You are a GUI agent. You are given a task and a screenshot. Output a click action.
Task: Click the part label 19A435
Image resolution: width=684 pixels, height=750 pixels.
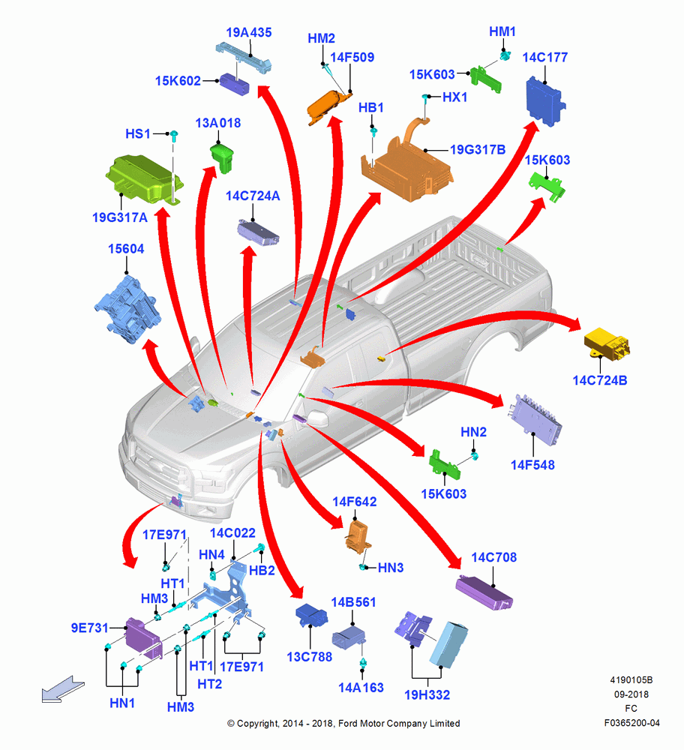click(x=249, y=32)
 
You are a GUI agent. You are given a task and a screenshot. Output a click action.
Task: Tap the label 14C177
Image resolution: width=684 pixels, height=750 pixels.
click(x=544, y=58)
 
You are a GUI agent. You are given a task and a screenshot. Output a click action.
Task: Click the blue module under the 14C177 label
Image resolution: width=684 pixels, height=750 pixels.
click(x=545, y=101)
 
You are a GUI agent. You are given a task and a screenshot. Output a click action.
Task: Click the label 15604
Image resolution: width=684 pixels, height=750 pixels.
click(x=126, y=249)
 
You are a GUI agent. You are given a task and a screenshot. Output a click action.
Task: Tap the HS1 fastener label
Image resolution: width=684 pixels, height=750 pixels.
click(x=138, y=134)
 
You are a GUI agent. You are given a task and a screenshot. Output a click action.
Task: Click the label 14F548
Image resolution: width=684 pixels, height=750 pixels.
click(x=532, y=465)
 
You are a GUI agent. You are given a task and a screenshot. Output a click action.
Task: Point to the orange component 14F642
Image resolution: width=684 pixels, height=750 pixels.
click(x=358, y=537)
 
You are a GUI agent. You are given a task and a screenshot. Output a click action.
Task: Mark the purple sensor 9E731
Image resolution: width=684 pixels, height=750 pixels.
click(x=143, y=638)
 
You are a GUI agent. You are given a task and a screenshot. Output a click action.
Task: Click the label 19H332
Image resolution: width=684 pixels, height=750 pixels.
click(x=427, y=695)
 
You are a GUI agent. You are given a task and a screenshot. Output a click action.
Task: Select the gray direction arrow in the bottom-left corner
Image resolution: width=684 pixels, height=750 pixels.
click(x=63, y=689)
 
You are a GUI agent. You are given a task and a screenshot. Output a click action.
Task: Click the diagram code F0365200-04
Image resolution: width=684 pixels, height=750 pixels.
click(x=631, y=723)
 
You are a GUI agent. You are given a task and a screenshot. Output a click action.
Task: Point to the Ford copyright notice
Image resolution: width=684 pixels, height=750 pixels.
click(x=343, y=724)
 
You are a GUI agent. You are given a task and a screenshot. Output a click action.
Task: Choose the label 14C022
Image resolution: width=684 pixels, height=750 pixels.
click(x=232, y=532)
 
